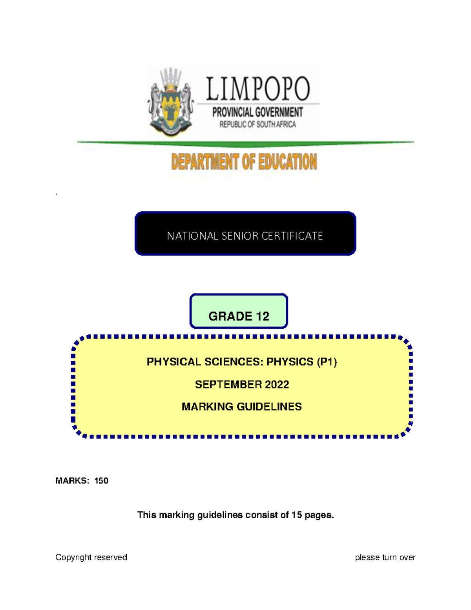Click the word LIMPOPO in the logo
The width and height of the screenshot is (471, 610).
258,89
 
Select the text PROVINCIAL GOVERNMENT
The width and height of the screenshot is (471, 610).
257,112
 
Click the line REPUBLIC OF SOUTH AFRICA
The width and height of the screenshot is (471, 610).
257,125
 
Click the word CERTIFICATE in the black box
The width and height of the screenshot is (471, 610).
292,236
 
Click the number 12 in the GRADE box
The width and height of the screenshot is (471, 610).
263,316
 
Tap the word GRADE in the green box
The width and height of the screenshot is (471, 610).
230,316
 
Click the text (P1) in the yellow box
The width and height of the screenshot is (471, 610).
327,362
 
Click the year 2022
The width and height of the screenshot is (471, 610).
277,385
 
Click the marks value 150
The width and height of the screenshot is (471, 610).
101,481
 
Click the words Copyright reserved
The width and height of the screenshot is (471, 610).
91,557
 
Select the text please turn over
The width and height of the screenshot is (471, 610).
385,557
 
